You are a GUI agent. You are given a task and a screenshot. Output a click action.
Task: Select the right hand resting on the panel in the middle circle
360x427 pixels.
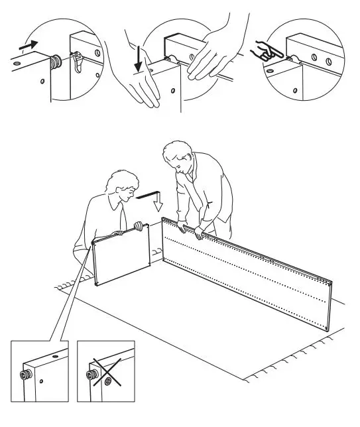coord(212,53)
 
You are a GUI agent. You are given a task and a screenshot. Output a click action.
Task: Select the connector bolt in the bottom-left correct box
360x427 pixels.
coord(26,375)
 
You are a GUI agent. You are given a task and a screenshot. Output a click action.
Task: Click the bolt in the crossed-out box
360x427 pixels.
coord(90,375)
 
